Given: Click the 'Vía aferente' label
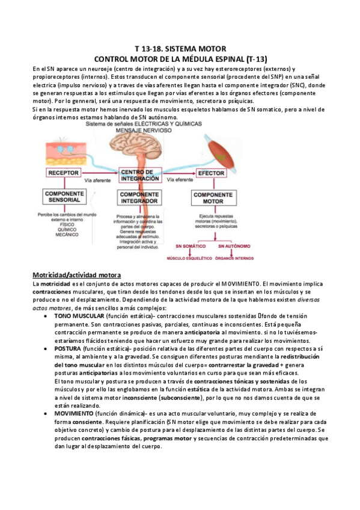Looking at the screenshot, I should pos(98,180).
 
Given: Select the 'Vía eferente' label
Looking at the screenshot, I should pos(178,180).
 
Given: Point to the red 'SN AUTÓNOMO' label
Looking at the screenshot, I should pos(233,247).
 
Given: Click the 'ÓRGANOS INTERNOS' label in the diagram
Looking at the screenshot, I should pos(234,259).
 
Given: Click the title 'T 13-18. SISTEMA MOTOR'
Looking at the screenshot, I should pos(180,48).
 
